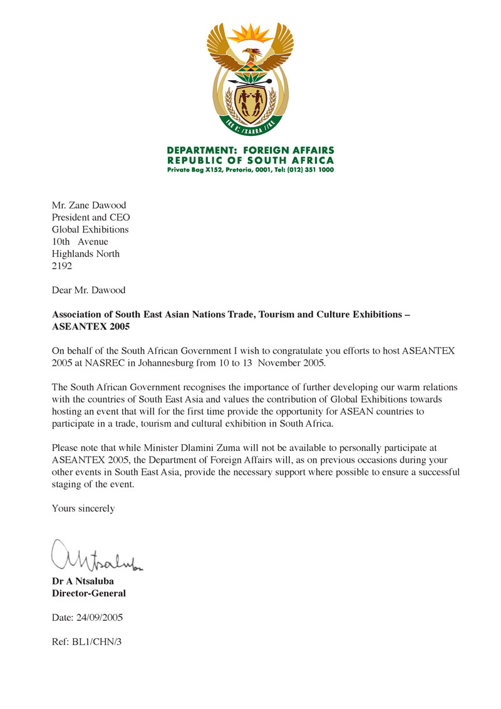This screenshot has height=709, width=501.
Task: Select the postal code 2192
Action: click(61, 266)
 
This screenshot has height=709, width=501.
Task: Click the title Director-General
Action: click(88, 593)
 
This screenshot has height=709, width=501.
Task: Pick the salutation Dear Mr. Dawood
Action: click(88, 290)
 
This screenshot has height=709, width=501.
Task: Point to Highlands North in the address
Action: click(85, 254)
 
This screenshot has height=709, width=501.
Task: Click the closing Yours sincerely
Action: click(83, 509)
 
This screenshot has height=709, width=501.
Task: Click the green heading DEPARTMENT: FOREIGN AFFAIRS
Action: click(250, 150)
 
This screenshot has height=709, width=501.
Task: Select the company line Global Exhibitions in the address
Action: click(90, 229)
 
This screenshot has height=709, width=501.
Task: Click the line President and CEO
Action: click(91, 217)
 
